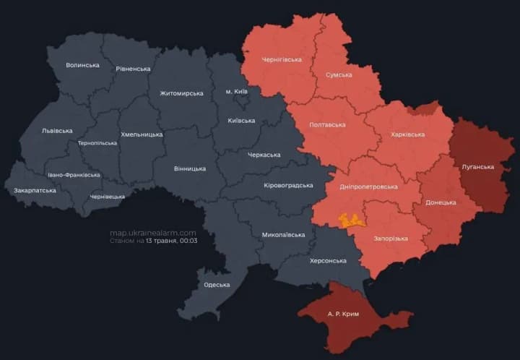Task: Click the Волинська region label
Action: coord(82,65)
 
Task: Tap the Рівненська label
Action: coord(133,69)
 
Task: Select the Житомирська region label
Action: coord(181,93)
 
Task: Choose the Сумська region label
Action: coord(339,74)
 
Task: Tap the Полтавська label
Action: coord(327,124)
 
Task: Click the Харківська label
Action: coord(412,134)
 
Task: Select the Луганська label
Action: coord(477,167)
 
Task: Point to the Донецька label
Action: coord(441,202)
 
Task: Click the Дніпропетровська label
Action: coord(368,187)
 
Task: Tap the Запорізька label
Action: coord(391,239)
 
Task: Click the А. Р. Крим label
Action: coord(343,314)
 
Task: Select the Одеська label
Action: coord(217,285)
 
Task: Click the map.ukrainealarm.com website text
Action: coord(152,233)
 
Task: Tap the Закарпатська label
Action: coord(35,191)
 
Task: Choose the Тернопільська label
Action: coord(97,143)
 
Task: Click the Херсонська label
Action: coord(328,260)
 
